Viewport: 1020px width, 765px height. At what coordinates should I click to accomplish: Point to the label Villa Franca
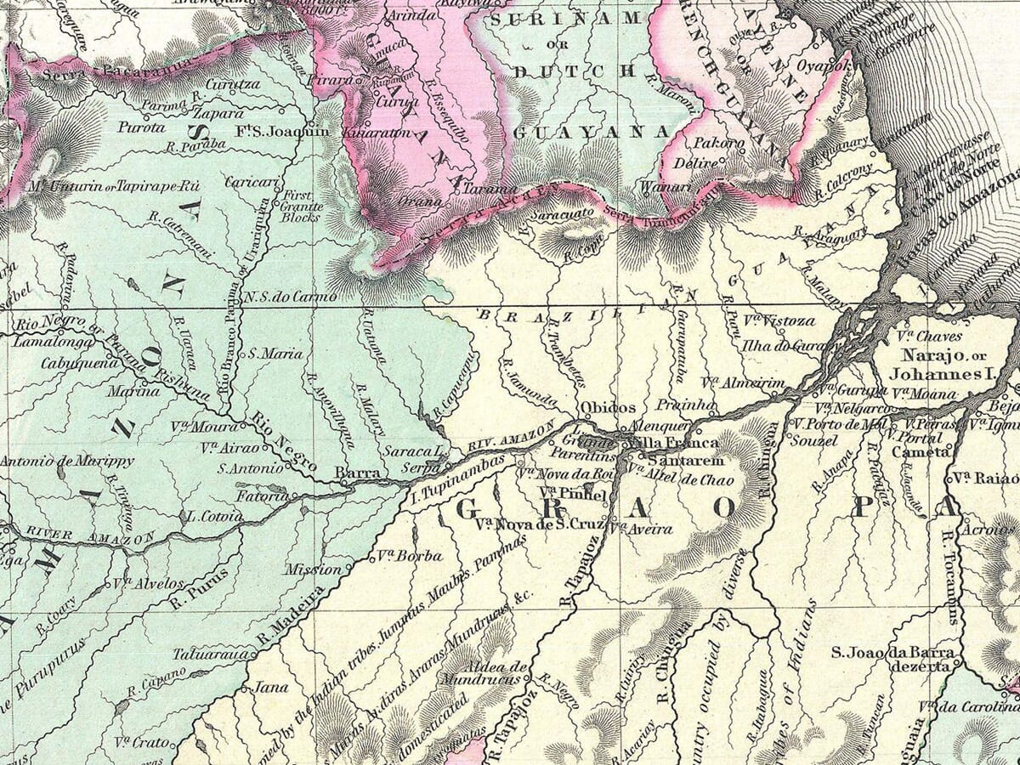(x=677, y=443)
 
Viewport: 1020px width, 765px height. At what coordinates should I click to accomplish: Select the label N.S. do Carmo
(x=278, y=297)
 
